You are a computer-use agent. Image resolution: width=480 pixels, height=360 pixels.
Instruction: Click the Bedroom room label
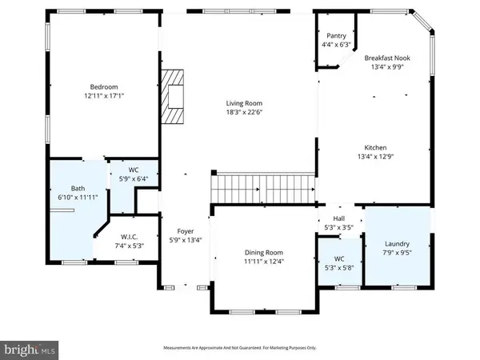click(x=104, y=86)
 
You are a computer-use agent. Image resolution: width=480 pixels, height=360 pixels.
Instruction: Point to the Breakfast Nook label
click(x=386, y=58)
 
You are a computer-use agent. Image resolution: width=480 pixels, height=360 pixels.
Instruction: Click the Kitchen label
click(x=376, y=148)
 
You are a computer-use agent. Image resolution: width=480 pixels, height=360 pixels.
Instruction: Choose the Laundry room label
click(x=397, y=244)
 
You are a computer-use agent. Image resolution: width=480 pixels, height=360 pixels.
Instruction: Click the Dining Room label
click(x=264, y=252)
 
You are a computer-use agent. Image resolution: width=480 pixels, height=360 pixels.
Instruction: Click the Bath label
click(x=66, y=189)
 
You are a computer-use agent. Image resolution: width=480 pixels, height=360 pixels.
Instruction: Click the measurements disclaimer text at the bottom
click(x=240, y=348)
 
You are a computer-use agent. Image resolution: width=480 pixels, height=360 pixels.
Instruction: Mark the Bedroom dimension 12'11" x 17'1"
click(x=104, y=96)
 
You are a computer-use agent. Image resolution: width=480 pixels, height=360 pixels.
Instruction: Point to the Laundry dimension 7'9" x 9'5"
click(x=397, y=254)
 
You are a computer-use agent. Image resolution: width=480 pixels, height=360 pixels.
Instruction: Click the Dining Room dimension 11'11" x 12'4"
click(x=264, y=262)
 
